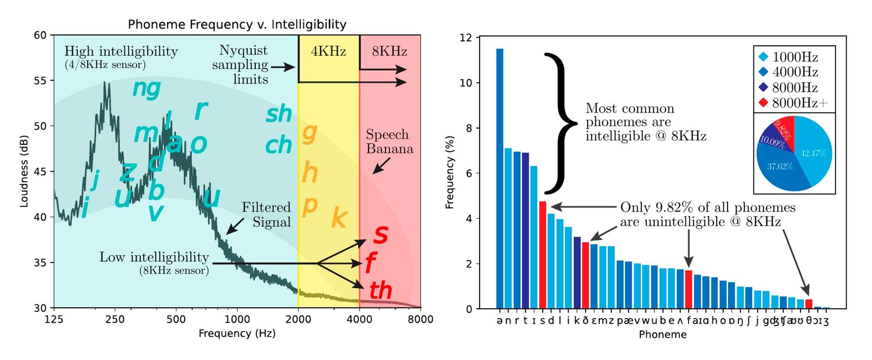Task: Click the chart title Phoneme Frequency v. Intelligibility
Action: [x=237, y=24]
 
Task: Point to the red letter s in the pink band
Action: [x=381, y=234]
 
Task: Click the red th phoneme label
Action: [x=380, y=291]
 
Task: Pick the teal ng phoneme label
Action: [x=146, y=88]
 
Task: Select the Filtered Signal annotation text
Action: [x=266, y=215]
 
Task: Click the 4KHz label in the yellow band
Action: [x=328, y=51]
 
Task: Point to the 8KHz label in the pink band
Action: [x=389, y=51]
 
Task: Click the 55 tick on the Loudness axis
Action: [x=40, y=81]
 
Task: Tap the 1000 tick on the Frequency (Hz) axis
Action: [x=237, y=319]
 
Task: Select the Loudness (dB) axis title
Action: [x=24, y=171]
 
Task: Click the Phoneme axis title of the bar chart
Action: [x=663, y=335]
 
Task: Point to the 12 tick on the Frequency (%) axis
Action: [x=466, y=38]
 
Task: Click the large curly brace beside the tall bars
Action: [x=560, y=123]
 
